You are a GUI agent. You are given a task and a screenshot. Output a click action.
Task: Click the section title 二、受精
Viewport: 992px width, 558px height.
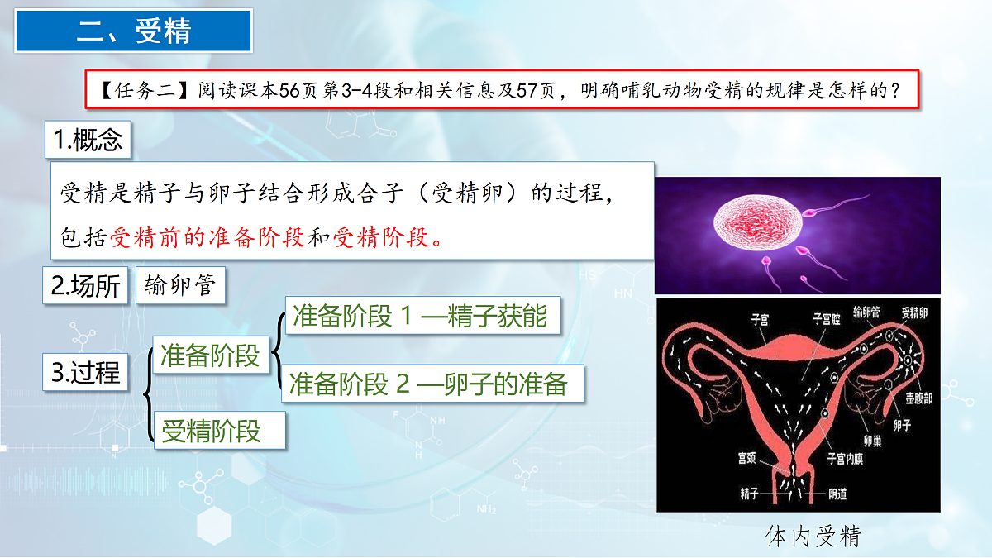(x=133, y=31)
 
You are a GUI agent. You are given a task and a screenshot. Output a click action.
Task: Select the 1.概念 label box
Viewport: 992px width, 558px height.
(x=88, y=141)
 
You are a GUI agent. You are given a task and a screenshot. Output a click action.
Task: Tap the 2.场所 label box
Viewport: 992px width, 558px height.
(x=85, y=286)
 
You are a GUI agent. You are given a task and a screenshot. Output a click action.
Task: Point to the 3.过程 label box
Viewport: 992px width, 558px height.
(x=85, y=372)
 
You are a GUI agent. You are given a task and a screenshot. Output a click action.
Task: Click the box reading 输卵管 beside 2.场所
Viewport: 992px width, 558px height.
(x=179, y=286)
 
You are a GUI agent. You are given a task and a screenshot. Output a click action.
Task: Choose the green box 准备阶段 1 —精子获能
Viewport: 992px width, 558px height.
(x=420, y=316)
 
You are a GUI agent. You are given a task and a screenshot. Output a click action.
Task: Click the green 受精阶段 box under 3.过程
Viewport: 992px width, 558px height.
(x=212, y=431)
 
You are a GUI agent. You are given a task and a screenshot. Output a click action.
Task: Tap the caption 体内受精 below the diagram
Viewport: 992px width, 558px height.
(x=813, y=537)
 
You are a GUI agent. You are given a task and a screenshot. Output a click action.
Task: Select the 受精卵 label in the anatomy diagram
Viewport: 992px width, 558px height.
(x=915, y=312)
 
